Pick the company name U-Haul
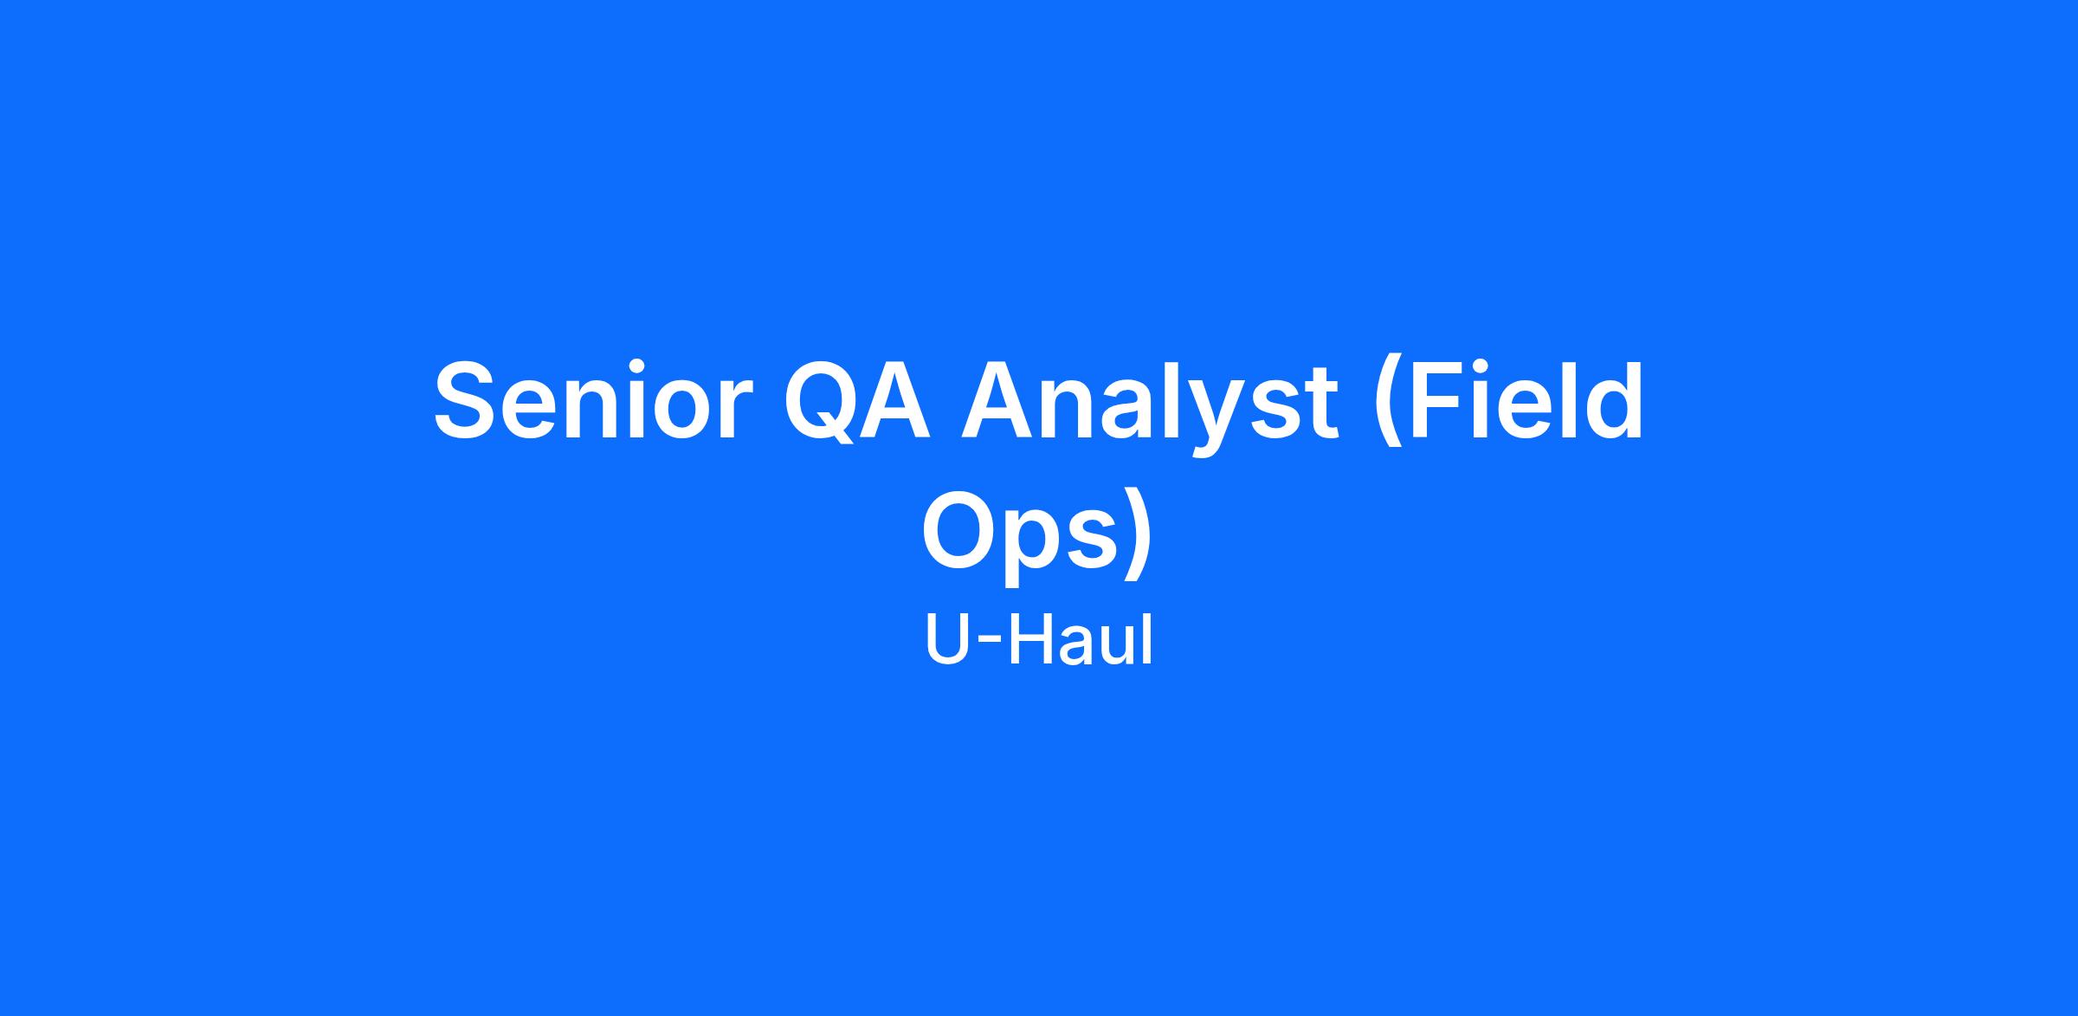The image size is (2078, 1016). [x=1039, y=640]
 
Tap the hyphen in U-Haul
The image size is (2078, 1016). [x=990, y=646]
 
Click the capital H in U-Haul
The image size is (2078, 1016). [x=1029, y=640]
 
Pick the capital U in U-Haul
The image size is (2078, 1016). [x=948, y=640]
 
